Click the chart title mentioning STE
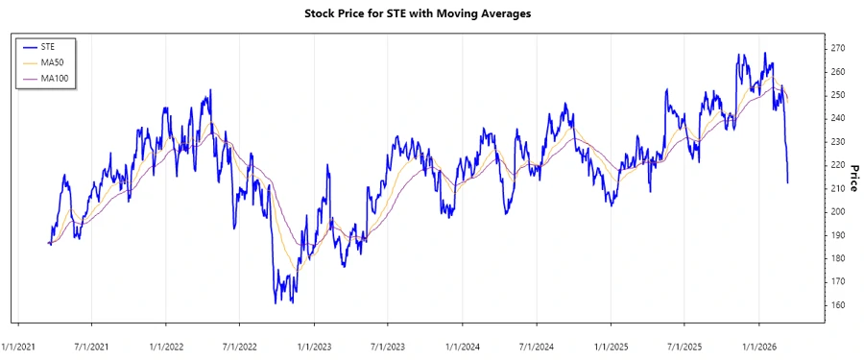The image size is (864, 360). coord(431,14)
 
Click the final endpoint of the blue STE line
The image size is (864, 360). coord(788,182)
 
